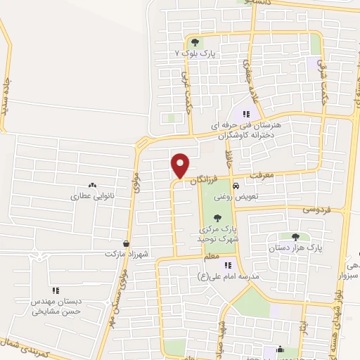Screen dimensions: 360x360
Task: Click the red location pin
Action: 180,165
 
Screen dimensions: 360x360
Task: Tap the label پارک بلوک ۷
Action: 195,53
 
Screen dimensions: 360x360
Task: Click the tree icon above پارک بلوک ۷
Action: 195,42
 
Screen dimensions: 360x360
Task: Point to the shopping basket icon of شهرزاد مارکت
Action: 126,243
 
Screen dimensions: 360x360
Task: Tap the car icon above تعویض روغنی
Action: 236,186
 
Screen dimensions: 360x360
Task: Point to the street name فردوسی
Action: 317,210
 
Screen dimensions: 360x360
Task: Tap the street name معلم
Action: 211,259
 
